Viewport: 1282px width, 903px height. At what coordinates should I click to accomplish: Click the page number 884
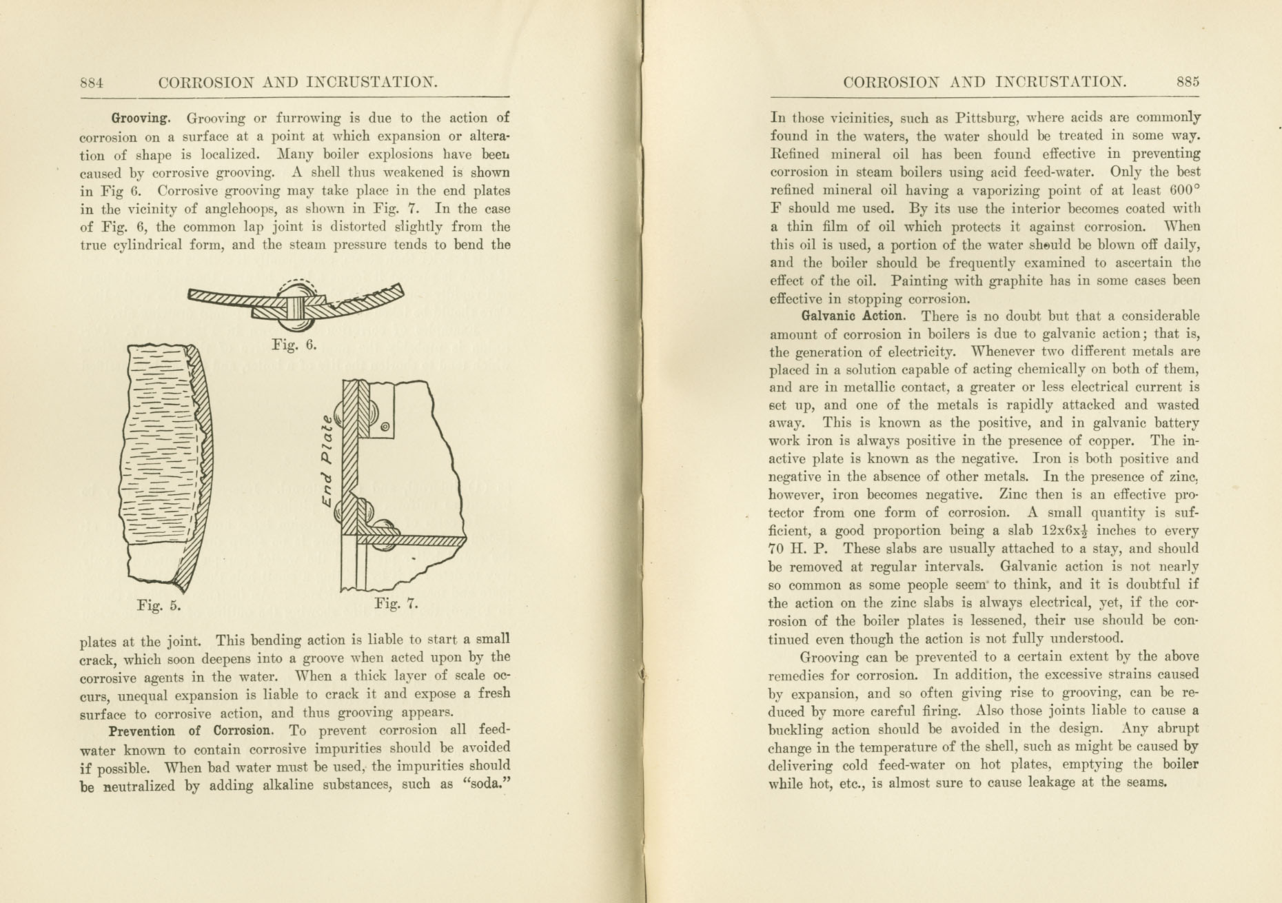pyautogui.click(x=92, y=83)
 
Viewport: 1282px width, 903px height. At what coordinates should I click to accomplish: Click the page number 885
pyautogui.click(x=1188, y=81)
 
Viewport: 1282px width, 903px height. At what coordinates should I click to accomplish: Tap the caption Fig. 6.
pyautogui.click(x=294, y=345)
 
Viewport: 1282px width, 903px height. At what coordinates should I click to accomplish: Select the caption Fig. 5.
pyautogui.click(x=159, y=606)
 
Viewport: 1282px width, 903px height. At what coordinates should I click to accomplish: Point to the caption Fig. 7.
pyautogui.click(x=396, y=604)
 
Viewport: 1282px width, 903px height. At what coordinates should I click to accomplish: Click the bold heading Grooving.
pyautogui.click(x=141, y=118)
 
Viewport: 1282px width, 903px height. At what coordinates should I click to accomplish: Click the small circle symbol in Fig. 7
pyautogui.click(x=385, y=427)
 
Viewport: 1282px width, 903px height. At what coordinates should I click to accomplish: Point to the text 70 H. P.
pyautogui.click(x=797, y=549)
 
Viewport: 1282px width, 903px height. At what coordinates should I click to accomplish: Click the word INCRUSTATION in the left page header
pyautogui.click(x=372, y=83)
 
